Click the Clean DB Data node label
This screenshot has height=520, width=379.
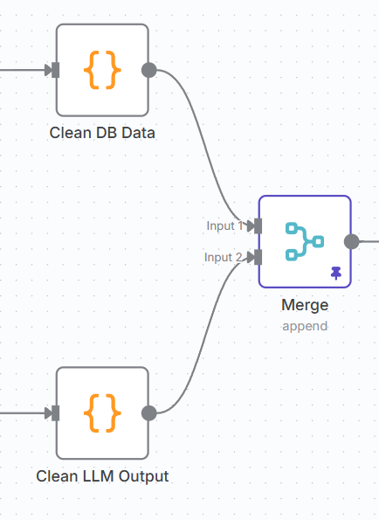(102, 133)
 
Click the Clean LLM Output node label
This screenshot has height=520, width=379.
(102, 476)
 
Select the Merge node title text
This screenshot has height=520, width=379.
(305, 305)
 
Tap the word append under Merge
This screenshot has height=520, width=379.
(305, 326)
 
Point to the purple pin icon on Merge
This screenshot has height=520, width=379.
(336, 273)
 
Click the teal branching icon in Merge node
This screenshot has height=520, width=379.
(305, 241)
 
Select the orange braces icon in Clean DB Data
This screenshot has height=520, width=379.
(102, 70)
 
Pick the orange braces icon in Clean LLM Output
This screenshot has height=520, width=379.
(102, 413)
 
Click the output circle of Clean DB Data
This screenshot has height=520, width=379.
(149, 70)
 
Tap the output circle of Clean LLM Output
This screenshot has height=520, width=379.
(149, 413)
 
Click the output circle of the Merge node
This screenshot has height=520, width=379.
(352, 241)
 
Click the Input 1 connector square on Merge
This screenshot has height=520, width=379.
(258, 225)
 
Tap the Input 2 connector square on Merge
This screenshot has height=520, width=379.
(258, 257)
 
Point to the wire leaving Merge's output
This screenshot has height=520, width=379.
(369, 241)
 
